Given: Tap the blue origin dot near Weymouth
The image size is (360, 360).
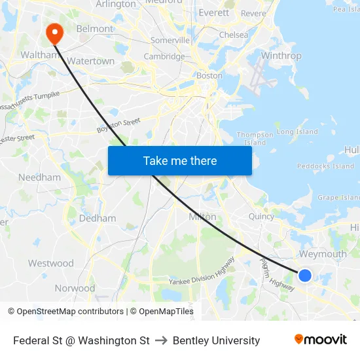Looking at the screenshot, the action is point(305,275).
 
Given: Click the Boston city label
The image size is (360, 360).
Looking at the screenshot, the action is point(209,75).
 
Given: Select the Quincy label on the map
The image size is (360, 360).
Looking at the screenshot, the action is point(261,217).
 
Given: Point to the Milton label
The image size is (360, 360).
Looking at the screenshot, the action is point(202,217).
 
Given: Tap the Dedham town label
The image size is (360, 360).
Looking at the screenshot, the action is point(98,218).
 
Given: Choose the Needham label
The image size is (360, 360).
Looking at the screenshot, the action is point(39,177).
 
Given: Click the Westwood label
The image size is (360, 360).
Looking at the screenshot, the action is point(50,263).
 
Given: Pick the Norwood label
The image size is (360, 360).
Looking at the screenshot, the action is point(75,288).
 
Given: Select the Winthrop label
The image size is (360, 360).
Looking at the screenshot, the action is point(281,56).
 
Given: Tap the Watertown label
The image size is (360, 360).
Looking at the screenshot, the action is point(91,61).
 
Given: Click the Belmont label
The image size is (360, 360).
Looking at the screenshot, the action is point(94,29).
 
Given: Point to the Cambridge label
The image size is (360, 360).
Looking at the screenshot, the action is point(164,56).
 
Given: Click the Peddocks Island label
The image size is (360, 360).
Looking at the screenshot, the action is point(325,166).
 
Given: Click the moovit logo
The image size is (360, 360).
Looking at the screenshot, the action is point(321,340).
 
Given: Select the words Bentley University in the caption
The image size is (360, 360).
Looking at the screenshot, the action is point(216,340).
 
